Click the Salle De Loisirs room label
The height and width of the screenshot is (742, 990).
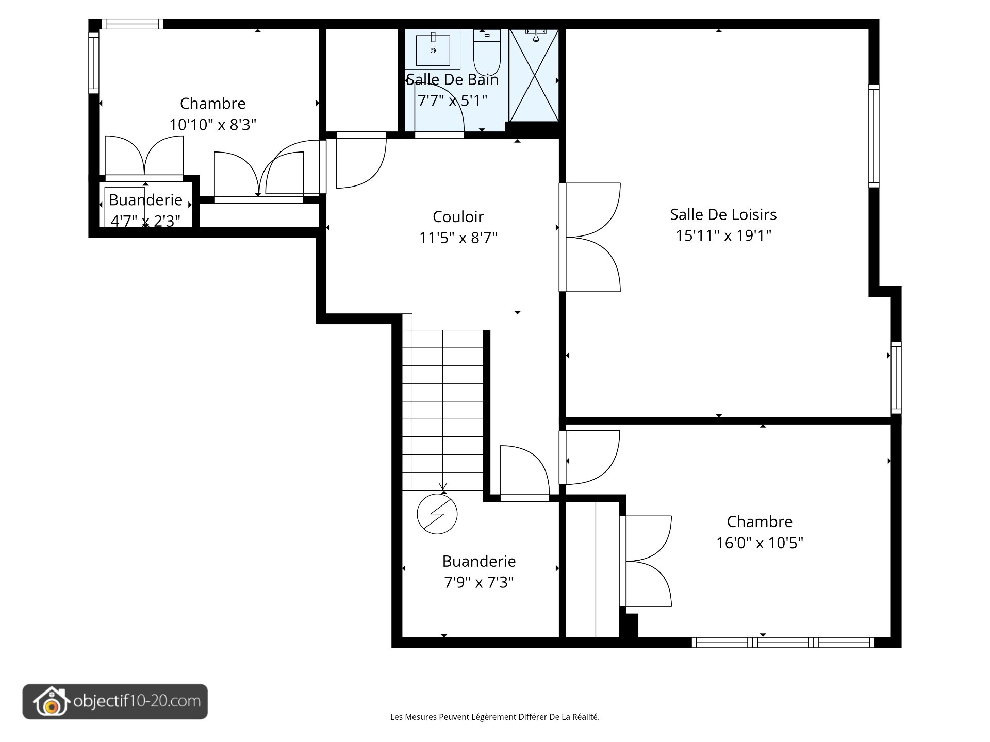(723, 214)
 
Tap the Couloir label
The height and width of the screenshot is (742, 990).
(458, 216)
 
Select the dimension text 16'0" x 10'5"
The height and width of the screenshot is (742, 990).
(760, 543)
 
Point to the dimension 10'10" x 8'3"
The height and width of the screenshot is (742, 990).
(213, 124)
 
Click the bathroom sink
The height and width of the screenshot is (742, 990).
(433, 49)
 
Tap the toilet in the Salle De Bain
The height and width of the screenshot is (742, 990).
(487, 53)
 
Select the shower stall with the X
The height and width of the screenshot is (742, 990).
(535, 75)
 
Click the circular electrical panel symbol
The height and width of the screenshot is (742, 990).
(437, 514)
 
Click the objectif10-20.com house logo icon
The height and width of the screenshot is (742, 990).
(50, 701)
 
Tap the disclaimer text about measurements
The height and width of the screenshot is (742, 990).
(495, 717)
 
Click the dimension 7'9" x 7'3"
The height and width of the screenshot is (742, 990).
(479, 582)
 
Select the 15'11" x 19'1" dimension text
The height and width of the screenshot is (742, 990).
(723, 235)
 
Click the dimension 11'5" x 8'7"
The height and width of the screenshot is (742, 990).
(458, 238)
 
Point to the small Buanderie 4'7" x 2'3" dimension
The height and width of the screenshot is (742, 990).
(145, 221)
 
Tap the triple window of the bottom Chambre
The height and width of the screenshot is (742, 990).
(783, 643)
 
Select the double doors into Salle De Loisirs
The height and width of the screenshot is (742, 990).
(591, 238)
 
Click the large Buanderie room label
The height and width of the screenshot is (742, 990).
(479, 561)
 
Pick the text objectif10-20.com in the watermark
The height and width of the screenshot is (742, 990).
(137, 701)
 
